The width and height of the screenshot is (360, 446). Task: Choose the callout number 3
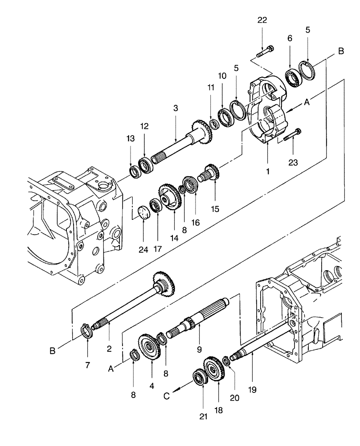[x=176, y=108]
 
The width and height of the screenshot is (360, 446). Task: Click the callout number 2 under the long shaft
[x=109, y=347]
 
